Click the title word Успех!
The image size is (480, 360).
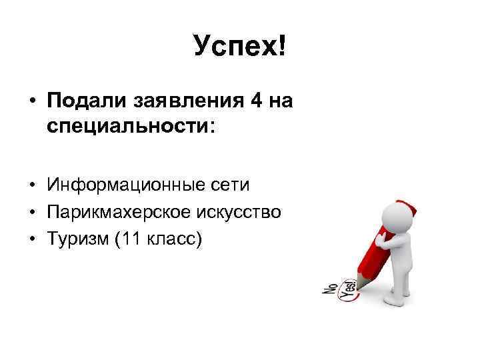(x=239, y=46)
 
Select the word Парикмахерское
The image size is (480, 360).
(x=119, y=212)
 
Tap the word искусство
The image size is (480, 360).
(x=239, y=212)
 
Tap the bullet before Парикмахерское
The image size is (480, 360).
(x=31, y=213)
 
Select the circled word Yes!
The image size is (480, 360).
(x=347, y=289)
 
